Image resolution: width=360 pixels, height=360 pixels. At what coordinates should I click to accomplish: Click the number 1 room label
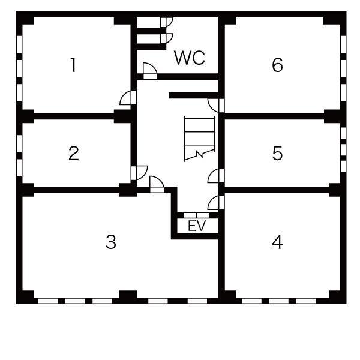pos(73,65)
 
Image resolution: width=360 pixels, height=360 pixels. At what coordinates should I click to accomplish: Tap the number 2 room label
pos(74,154)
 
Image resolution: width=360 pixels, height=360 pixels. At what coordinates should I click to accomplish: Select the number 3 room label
pos(111,242)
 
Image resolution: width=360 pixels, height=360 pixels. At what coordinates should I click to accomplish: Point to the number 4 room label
pos(277,242)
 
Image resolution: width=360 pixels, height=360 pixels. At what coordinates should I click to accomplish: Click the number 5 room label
pos(277,154)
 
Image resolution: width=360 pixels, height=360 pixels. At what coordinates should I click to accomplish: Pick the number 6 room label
pos(277,65)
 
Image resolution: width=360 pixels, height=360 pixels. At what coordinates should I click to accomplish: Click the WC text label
pos(190,58)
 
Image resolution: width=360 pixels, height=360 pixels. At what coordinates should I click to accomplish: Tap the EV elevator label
pos(197,226)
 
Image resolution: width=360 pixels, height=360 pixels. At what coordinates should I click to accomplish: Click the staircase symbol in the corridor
pos(199,139)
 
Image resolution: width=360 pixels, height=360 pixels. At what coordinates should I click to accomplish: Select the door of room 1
pos(128,98)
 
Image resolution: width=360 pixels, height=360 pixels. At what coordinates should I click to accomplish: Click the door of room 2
pos(139,173)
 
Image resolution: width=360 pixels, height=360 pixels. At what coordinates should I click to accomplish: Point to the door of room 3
pos(157,184)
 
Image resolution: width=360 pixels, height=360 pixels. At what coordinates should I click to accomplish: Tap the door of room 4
pos(216,203)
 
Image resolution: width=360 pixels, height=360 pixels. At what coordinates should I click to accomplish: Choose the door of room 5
pos(216,176)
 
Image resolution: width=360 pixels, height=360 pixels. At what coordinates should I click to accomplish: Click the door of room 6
pos(216,106)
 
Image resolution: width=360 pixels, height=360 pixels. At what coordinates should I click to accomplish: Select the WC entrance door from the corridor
pos(150,71)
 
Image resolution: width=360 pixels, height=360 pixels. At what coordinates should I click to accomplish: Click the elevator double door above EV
pos(197,215)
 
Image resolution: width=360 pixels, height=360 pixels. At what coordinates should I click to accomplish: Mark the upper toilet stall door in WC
pos(166,22)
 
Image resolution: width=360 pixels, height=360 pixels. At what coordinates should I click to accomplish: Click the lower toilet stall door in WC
pos(166,38)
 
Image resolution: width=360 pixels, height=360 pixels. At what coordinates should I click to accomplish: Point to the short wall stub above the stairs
pos(194,95)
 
